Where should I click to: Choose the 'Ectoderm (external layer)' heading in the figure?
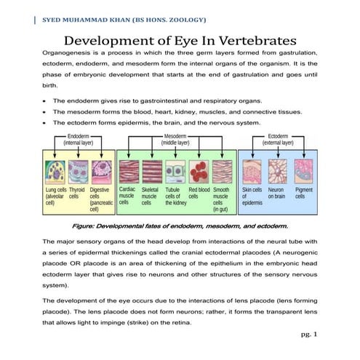pyautogui.click(x=279, y=140)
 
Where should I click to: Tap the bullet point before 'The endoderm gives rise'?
pyautogui.click(x=45, y=100)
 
